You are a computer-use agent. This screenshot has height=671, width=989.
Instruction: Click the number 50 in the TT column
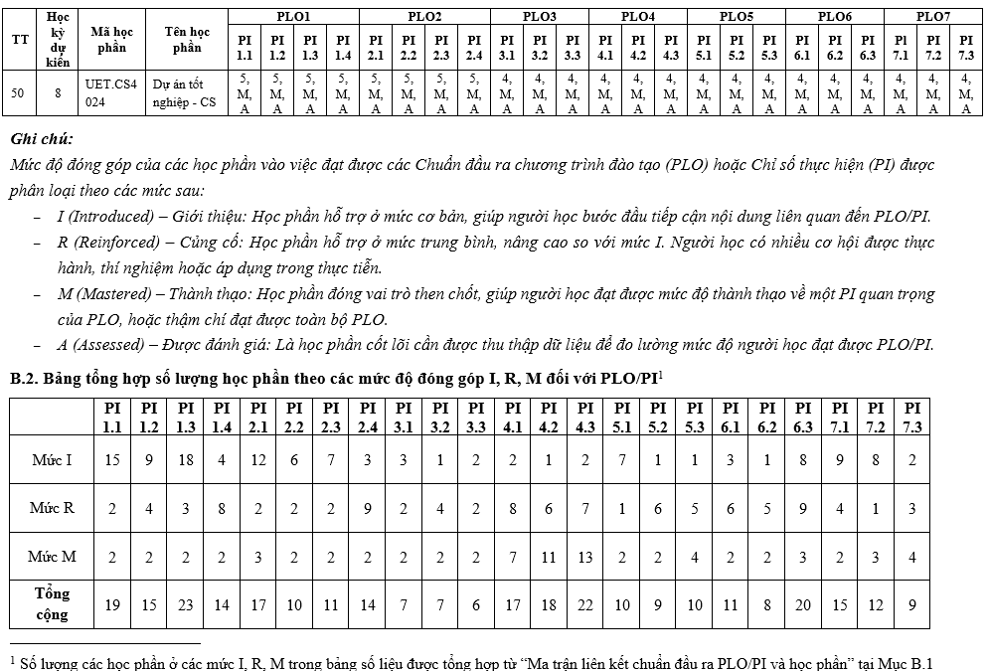18,93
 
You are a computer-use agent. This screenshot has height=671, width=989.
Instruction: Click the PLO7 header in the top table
932,16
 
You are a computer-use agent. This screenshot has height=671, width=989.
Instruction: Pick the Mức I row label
52,460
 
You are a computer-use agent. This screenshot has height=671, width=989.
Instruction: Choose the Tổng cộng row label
52,603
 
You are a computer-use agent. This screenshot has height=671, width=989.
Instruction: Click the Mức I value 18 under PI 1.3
186,460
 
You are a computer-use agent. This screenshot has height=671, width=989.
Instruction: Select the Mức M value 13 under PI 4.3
585,557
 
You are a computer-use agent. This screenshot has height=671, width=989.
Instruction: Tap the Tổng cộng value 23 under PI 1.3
186,604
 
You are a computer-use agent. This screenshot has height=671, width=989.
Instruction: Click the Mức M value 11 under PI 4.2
549,557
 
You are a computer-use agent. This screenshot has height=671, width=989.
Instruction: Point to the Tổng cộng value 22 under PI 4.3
585,604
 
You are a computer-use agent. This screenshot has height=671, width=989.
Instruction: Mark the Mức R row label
52,508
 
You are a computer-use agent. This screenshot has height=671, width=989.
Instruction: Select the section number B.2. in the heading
26,379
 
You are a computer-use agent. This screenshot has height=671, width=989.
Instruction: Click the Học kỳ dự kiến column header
58,40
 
